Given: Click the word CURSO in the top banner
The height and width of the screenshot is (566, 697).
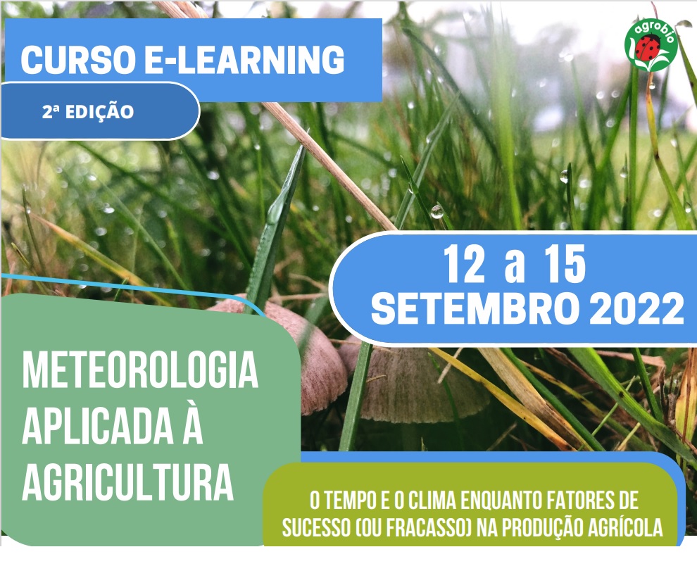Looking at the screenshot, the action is pyautogui.click(x=78, y=59).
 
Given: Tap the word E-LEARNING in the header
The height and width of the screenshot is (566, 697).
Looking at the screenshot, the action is pyautogui.click(x=244, y=59).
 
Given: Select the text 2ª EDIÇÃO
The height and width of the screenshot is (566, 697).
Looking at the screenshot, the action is pyautogui.click(x=88, y=111).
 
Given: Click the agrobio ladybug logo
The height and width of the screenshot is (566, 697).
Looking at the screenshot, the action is pyautogui.click(x=651, y=44).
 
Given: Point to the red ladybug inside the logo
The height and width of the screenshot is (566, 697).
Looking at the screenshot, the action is pyautogui.click(x=647, y=48).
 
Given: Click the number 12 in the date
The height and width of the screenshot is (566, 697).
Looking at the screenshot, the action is pyautogui.click(x=464, y=264).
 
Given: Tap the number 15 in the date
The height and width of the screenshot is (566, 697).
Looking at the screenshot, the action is pyautogui.click(x=565, y=264).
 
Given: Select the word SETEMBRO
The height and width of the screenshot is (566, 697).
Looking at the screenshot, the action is pyautogui.click(x=475, y=309).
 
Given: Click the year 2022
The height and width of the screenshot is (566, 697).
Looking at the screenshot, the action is pyautogui.click(x=636, y=309).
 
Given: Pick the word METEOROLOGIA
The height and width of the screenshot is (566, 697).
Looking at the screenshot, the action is pyautogui.click(x=140, y=370).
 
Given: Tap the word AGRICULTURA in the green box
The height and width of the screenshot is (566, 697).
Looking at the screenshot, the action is pyautogui.click(x=128, y=482).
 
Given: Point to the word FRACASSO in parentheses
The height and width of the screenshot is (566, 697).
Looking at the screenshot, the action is pyautogui.click(x=426, y=528).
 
